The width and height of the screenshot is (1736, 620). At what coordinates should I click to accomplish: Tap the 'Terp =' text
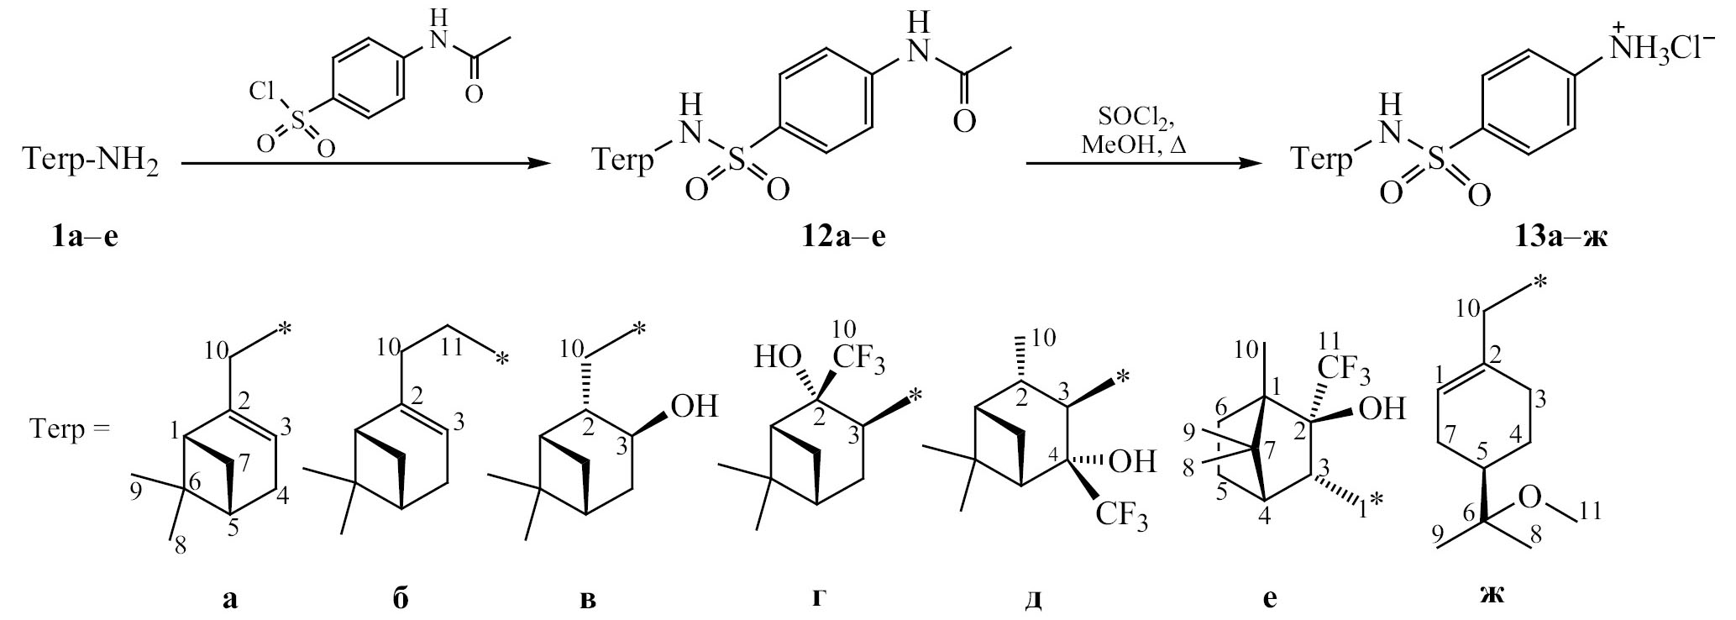(x=71, y=431)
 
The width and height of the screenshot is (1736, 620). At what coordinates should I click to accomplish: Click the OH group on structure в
(x=695, y=408)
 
